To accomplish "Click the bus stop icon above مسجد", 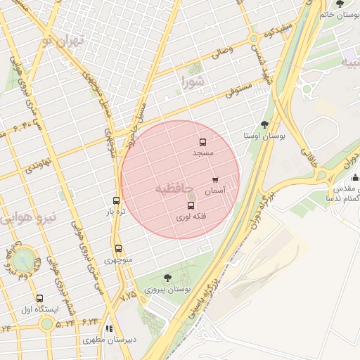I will point(202,142).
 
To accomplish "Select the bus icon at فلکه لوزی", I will point(191,205).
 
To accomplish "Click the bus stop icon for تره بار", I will point(116,200).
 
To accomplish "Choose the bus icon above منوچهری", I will point(118,248).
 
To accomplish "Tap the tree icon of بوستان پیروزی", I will point(167,278).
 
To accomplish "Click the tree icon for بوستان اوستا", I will point(264,124).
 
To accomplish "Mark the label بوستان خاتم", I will point(341,14).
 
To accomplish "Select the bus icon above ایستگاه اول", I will point(39,298).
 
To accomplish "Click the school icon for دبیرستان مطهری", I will point(108,328).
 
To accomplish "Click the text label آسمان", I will point(214,191).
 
